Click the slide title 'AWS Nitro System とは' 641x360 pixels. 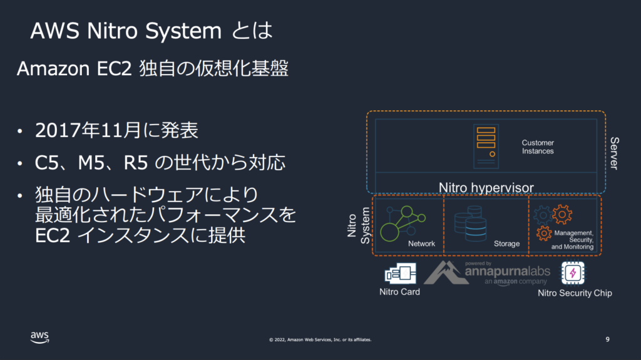(151, 31)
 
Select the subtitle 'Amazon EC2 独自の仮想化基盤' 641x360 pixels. (153, 68)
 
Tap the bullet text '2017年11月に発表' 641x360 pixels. (116, 130)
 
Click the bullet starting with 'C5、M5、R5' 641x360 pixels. (160, 163)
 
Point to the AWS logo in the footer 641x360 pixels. (39, 337)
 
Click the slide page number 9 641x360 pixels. (607, 339)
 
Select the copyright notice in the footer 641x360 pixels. (320, 339)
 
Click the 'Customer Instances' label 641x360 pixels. (538, 147)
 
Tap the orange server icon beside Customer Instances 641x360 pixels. (486, 147)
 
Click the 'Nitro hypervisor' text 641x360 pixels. (486, 187)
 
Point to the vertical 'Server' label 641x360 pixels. (615, 153)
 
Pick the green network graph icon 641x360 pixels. (403, 224)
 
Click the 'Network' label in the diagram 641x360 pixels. (421, 244)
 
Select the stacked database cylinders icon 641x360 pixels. (471, 224)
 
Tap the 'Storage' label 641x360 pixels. (506, 244)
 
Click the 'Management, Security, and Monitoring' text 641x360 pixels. (572, 240)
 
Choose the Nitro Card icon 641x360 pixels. (401, 273)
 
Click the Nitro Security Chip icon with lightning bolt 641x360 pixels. (573, 273)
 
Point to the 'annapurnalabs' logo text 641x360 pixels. (507, 271)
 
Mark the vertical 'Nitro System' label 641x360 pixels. (359, 225)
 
